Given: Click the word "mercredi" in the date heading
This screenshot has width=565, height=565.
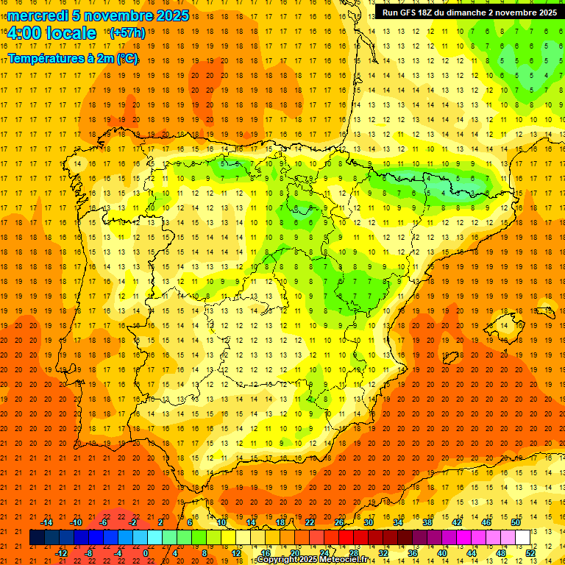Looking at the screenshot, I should [x=38, y=15].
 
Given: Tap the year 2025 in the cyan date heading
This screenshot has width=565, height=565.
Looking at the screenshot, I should [x=171, y=15].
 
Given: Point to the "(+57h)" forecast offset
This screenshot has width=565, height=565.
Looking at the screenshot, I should [x=127, y=33].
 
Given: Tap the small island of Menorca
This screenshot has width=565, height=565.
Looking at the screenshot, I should [x=545, y=310].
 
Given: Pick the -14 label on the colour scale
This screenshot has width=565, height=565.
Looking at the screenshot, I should [x=46, y=522].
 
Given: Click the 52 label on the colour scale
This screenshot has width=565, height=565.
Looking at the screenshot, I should [x=530, y=553].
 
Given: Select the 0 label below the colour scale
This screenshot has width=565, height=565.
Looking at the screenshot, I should [x=146, y=553].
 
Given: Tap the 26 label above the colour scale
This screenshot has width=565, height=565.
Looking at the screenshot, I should [x=339, y=522].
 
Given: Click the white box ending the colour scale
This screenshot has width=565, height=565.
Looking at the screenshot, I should [x=522, y=537].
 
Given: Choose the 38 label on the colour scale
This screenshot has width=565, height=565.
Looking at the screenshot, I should [x=427, y=522].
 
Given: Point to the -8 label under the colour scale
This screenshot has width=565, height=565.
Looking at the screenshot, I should [x=88, y=553].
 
